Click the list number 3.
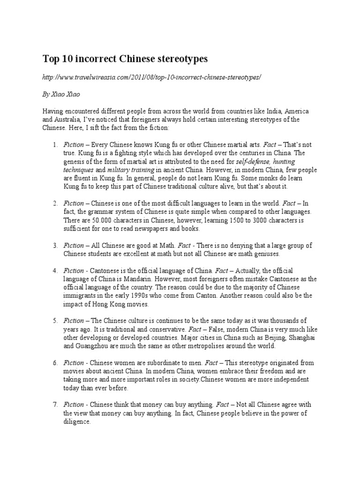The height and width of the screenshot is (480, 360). pos(55,245)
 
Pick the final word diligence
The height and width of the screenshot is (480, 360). pos(77,422)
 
